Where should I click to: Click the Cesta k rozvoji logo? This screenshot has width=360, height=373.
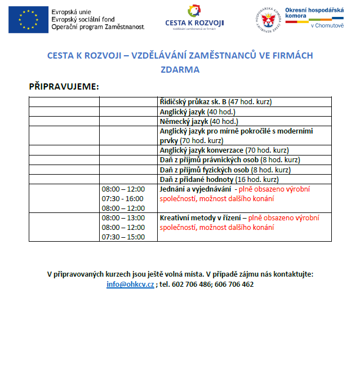(x=194, y=17)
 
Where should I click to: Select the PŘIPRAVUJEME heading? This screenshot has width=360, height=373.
(x=64, y=87)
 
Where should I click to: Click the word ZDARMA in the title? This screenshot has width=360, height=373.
(x=180, y=70)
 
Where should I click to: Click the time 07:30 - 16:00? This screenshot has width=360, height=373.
(x=123, y=198)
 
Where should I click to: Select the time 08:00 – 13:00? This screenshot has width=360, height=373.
(x=123, y=218)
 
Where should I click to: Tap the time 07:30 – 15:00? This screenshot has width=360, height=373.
(x=123, y=237)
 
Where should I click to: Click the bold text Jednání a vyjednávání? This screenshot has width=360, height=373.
(x=195, y=189)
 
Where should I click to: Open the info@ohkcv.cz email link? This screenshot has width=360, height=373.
(x=130, y=285)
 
